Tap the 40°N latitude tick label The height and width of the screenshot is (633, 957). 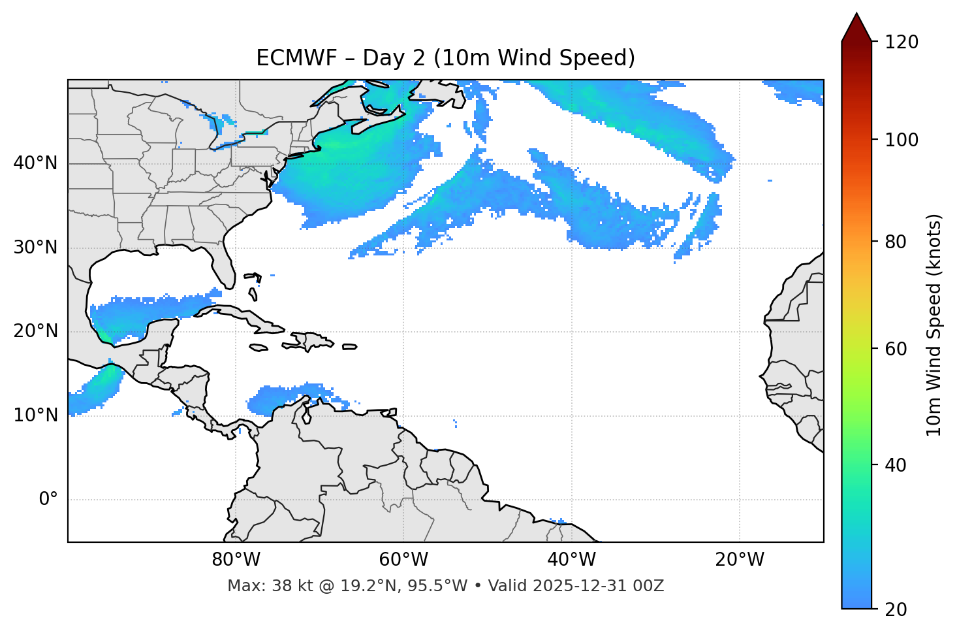tap(35, 163)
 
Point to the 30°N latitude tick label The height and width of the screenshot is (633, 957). tap(35, 248)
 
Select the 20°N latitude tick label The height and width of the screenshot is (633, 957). tap(35, 331)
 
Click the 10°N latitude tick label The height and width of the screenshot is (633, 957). tap(35, 415)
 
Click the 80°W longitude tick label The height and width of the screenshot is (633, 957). tap(236, 560)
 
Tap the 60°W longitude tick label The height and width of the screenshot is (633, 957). tap(403, 560)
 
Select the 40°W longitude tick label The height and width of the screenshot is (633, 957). tap(571, 560)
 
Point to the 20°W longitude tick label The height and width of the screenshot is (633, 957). tap(739, 560)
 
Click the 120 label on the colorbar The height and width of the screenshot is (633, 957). tap(902, 42)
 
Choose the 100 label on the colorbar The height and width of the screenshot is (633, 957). tap(902, 140)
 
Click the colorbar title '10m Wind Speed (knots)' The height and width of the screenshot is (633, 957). tap(934, 325)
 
